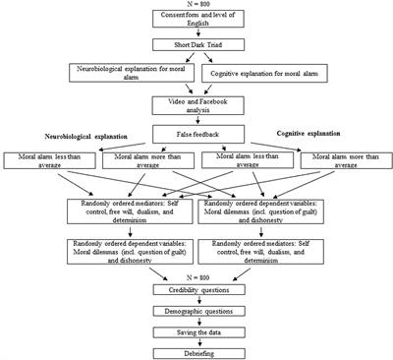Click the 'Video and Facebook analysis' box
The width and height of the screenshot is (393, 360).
coord(196,105)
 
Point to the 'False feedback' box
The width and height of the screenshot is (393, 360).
coord(196,136)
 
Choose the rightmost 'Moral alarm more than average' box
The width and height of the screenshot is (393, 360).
coord(343,160)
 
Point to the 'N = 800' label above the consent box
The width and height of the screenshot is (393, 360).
coord(196,5)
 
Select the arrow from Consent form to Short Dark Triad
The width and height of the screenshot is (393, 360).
coord(196,40)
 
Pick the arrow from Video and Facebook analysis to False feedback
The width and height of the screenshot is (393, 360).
coord(196,121)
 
